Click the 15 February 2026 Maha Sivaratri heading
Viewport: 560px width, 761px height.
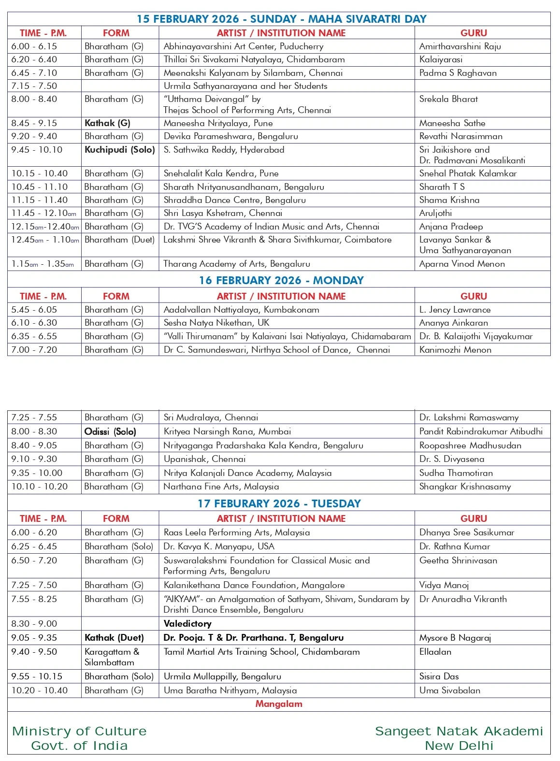(x=281, y=19)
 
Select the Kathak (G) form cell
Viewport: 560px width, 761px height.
(x=107, y=123)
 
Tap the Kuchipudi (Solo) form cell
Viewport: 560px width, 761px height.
(x=119, y=150)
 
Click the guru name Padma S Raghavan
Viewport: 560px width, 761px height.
(x=458, y=73)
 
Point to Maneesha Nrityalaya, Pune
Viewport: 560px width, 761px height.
(x=218, y=123)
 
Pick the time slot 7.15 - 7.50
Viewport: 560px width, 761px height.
(x=34, y=86)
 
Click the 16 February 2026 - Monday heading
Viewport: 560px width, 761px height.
(x=281, y=280)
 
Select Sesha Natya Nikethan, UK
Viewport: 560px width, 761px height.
(x=216, y=323)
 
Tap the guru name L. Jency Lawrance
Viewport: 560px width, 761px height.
(x=455, y=310)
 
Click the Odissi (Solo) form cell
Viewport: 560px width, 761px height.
(x=110, y=431)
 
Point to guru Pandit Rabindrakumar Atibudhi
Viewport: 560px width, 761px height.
(x=481, y=431)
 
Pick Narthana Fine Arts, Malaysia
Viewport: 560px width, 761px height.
(x=221, y=487)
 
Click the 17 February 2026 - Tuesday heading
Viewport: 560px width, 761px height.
(x=279, y=503)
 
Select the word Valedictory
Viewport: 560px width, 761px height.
(x=187, y=624)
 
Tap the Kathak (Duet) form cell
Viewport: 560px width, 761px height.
(x=115, y=638)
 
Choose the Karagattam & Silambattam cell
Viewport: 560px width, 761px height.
(x=112, y=657)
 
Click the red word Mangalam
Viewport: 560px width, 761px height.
(x=279, y=704)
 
